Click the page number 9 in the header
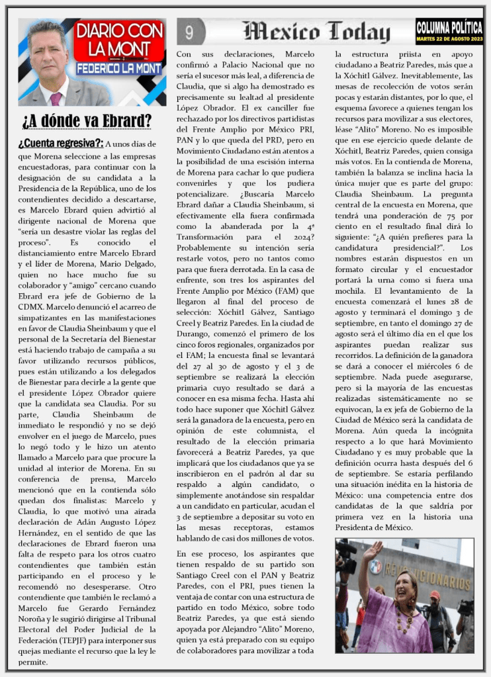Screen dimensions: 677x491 [190, 31]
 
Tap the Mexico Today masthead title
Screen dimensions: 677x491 [316, 31]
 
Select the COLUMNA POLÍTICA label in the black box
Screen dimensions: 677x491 [449, 25]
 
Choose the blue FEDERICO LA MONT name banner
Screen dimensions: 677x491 [119, 68]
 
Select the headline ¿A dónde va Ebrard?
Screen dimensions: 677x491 [86, 121]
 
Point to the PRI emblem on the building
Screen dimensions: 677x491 [376, 567]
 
